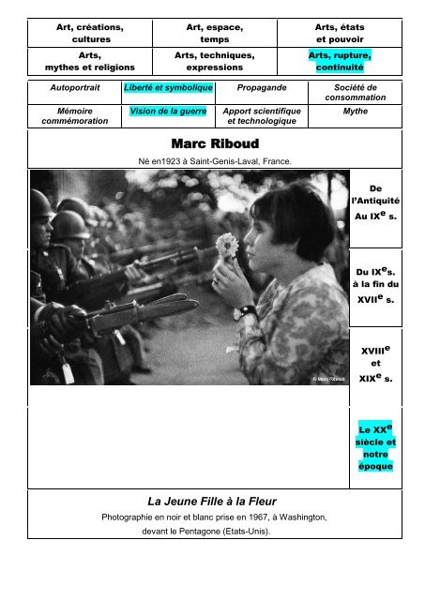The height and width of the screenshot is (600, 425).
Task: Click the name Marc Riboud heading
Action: click(214, 144)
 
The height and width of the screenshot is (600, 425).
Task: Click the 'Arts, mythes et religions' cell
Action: click(90, 62)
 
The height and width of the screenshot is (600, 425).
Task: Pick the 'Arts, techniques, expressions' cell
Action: click(214, 62)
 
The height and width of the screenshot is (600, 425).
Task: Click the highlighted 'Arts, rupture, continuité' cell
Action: click(339, 62)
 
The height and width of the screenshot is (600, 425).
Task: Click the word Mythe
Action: click(355, 110)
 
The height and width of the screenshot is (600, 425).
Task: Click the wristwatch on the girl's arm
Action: click(247, 312)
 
